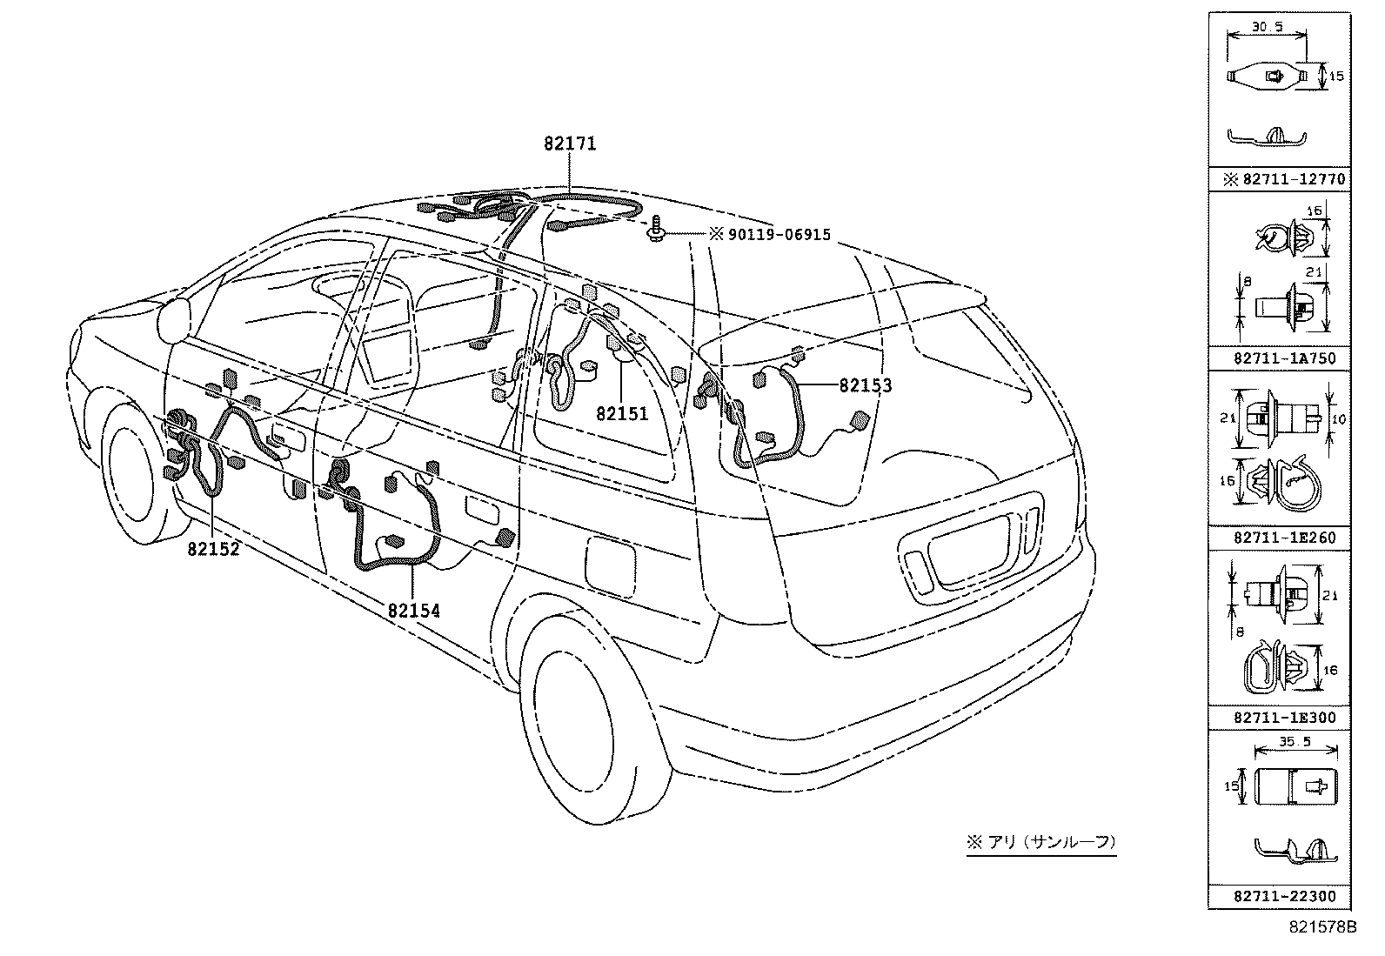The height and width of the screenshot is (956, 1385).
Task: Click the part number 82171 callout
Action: point(570,144)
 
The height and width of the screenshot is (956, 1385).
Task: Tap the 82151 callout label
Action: point(622,413)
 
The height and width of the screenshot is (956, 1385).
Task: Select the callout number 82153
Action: point(865,384)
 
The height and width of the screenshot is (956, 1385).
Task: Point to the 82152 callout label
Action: point(213,549)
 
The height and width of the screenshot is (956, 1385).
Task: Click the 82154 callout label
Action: point(414,611)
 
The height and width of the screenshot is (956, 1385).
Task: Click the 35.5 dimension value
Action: point(1294,742)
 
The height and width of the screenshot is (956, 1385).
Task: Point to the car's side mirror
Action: point(177,320)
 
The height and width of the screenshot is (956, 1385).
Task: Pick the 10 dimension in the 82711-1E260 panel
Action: point(1340,419)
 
